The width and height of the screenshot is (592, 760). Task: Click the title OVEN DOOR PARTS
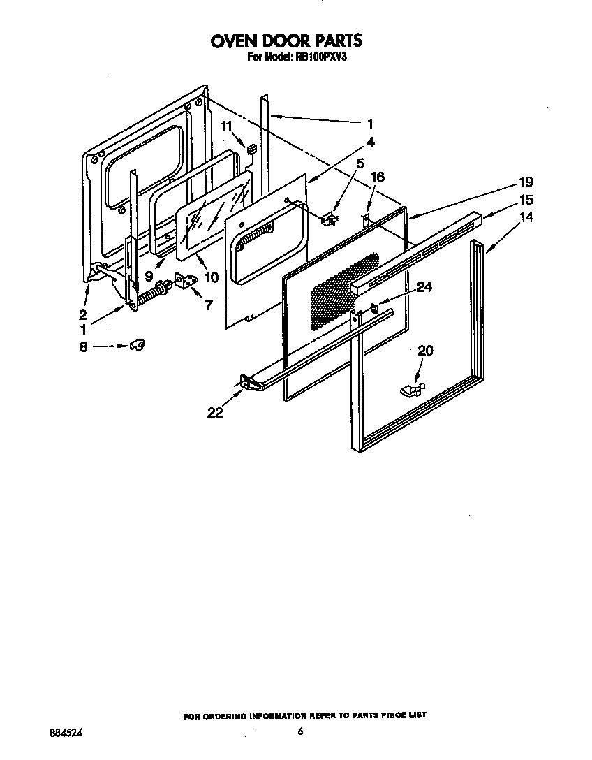coord(286,41)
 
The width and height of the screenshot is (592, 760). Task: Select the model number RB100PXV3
coord(318,59)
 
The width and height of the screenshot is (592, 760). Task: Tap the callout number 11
coord(226,126)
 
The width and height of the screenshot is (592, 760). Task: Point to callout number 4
coord(371,142)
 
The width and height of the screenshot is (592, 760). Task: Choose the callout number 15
coord(526,200)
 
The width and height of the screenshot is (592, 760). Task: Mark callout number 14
coord(526,217)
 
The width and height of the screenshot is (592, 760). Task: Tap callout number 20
coord(424,351)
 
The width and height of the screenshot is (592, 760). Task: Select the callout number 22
coord(214,413)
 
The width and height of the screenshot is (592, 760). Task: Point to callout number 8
coord(83,346)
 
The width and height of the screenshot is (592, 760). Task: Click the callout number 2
coord(82,314)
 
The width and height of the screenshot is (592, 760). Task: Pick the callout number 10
coord(211,277)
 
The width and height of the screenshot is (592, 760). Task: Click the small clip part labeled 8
coord(138,345)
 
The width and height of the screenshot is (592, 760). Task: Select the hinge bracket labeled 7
coord(186,281)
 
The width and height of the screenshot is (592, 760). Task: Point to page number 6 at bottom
coord(300,731)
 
